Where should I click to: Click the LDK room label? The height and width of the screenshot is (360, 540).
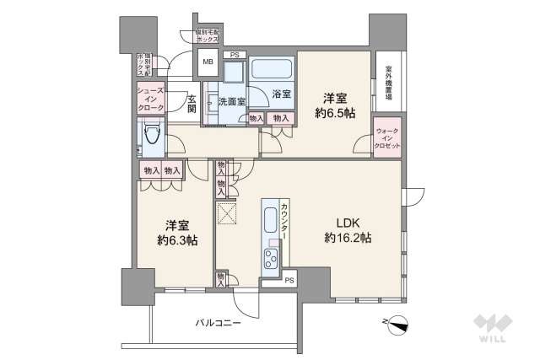point(348,223)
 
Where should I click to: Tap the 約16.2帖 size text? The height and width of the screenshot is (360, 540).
point(348,239)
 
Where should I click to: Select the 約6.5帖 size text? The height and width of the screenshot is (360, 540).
point(333,112)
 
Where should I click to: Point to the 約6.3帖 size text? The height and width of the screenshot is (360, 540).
point(176,240)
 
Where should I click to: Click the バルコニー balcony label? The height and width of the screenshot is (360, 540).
point(218,322)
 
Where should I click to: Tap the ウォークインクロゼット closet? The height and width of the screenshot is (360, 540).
point(387,138)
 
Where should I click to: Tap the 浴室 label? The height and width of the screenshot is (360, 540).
point(281,94)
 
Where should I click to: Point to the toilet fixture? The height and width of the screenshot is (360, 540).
point(153,133)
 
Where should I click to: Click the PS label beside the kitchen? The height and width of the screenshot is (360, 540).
point(289,281)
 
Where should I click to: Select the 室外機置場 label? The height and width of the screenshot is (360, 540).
point(389,83)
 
